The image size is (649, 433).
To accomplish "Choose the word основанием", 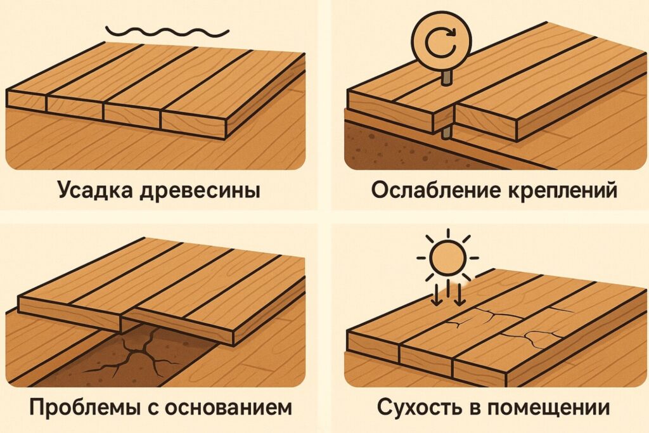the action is click(228, 408).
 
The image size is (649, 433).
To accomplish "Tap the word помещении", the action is click(548, 408).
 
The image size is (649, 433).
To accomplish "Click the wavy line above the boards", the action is click(167, 31).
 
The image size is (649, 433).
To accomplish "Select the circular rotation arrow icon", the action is click(441, 44).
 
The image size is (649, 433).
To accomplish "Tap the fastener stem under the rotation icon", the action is click(446, 79).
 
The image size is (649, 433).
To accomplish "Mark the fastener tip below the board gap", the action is click(446, 133).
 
